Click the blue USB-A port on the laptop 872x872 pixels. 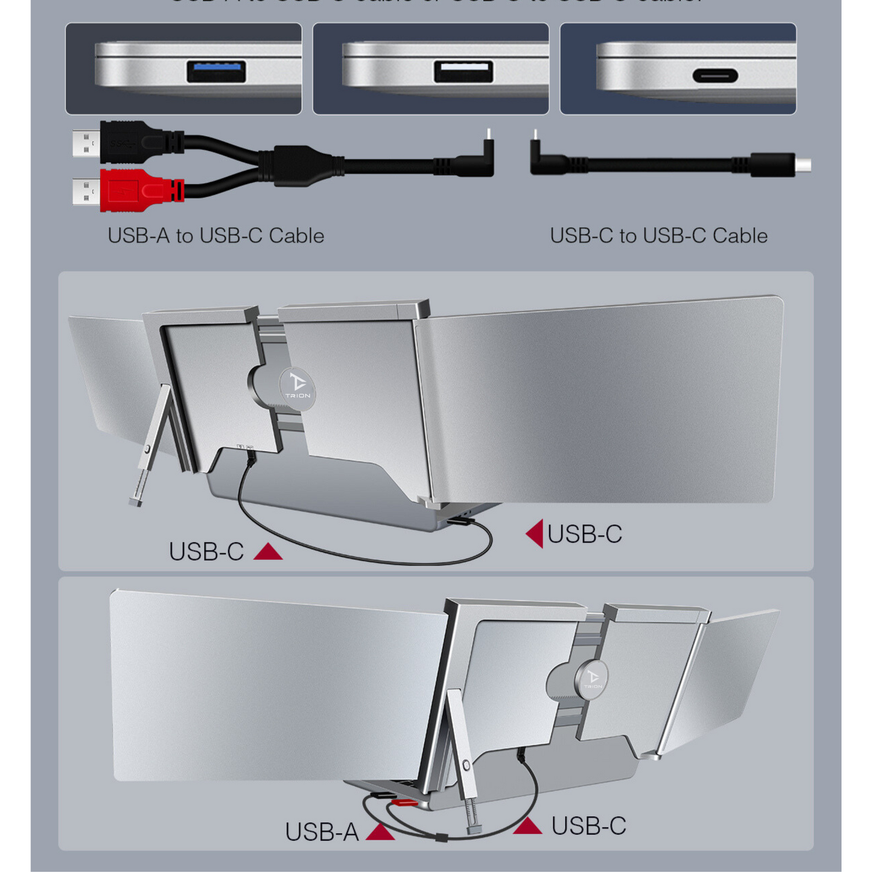click(x=216, y=72)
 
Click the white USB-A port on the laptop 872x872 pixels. click(x=463, y=71)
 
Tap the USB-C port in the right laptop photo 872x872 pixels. click(x=715, y=76)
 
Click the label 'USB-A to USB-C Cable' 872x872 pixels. click(x=215, y=235)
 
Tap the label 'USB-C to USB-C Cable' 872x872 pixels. click(x=658, y=235)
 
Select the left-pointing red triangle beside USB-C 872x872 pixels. click(x=535, y=533)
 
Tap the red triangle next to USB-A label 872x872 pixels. click(x=380, y=832)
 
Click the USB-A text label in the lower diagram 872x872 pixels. click(x=322, y=832)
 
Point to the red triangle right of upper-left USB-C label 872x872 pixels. click(x=268, y=552)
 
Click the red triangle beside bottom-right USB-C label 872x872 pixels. click(x=527, y=826)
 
